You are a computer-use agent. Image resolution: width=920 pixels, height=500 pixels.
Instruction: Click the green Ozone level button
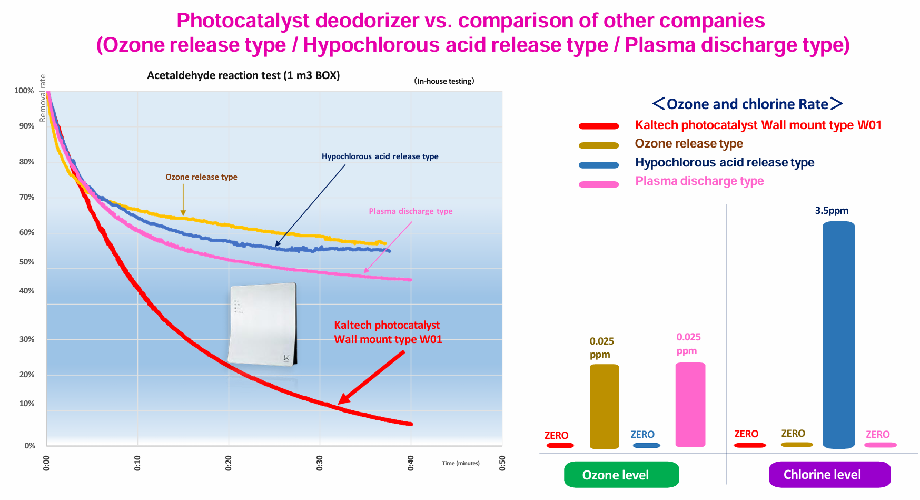pyautogui.click(x=621, y=474)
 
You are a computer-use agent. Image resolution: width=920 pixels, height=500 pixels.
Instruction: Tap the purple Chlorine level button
pyautogui.click(x=829, y=474)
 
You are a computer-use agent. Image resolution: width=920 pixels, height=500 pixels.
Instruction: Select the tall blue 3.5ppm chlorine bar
pyautogui.click(x=838, y=335)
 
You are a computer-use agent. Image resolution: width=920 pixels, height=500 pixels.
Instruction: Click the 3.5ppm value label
pyautogui.click(x=832, y=211)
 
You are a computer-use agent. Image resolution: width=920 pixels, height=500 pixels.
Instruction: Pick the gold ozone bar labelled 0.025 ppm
pyautogui.click(x=604, y=406)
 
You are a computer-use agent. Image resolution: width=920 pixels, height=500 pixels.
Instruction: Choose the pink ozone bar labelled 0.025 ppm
pyautogui.click(x=690, y=405)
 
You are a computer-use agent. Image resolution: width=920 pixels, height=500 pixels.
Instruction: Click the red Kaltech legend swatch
pyautogui.click(x=599, y=126)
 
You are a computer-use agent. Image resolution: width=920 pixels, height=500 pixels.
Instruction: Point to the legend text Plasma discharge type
pyautogui.click(x=699, y=181)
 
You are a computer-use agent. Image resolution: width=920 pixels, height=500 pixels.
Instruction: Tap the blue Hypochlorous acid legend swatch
pyautogui.click(x=599, y=165)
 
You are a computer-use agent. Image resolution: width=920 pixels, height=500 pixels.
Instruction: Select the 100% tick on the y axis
pyautogui.click(x=24, y=91)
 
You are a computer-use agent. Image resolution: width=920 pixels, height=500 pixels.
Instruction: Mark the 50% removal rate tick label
pyautogui.click(x=27, y=262)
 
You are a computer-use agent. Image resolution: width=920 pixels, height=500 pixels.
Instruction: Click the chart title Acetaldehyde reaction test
pyautogui.click(x=243, y=75)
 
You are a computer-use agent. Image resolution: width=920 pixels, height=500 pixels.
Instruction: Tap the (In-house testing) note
pyautogui.click(x=444, y=81)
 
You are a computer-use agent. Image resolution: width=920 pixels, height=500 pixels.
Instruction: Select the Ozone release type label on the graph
pyautogui.click(x=201, y=177)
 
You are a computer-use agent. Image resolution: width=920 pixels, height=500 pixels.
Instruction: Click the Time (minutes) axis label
pyautogui.click(x=461, y=464)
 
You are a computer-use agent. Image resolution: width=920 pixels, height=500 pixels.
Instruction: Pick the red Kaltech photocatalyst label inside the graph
pyautogui.click(x=388, y=332)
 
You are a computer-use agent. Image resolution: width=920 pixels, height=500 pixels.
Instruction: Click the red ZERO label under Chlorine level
pyautogui.click(x=746, y=434)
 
